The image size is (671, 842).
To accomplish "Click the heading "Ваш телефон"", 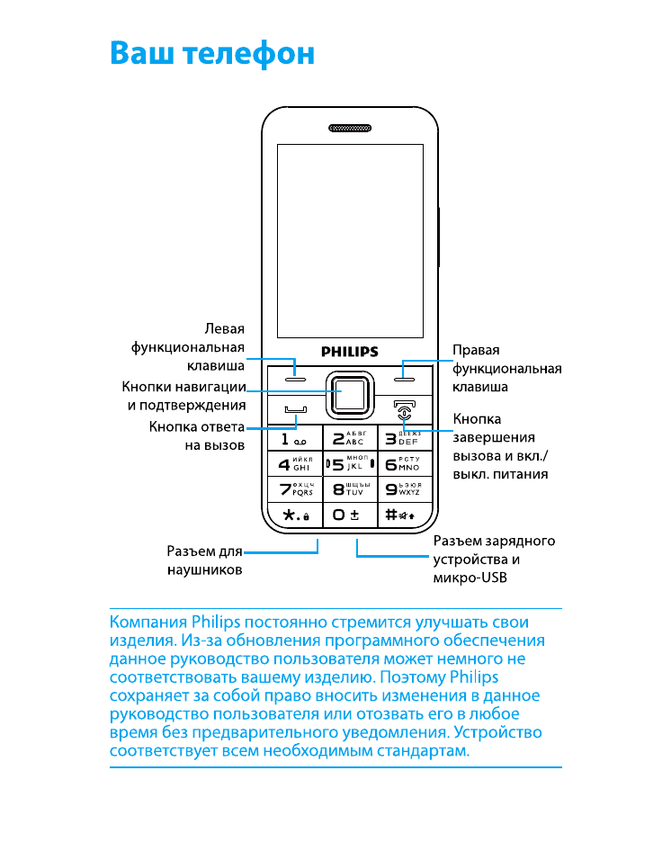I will point(212,53).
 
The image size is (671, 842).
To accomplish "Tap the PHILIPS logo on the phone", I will point(349,352).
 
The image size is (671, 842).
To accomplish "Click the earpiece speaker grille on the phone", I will point(349,128).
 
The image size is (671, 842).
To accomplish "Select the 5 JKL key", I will point(349,465).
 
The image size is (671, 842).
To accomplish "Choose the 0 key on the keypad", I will point(349,515).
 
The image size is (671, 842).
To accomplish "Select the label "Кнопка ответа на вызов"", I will point(196,435).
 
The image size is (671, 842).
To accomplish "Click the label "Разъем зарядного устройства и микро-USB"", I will point(494,560).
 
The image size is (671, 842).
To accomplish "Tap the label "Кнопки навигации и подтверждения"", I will point(183,396).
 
